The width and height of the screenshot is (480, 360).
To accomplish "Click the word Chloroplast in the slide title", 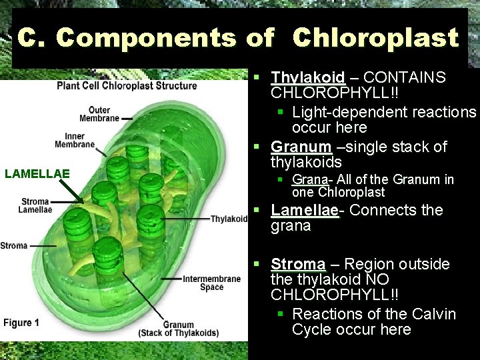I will (x=375, y=39).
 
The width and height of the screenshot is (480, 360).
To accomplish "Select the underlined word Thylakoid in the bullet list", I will (x=307, y=77).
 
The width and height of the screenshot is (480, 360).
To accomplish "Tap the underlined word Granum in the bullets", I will (x=301, y=147).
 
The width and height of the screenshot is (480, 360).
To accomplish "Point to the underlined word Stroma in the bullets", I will (x=298, y=264).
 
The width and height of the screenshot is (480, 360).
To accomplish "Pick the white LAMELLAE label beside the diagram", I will (x=37, y=174).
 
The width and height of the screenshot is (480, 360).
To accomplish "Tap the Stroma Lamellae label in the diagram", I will (x=35, y=205).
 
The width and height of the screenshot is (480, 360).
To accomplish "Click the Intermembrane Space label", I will (x=211, y=283).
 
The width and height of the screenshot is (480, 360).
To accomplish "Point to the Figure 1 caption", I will (x=21, y=323).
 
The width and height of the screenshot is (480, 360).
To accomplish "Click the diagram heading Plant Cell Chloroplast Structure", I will (x=127, y=85).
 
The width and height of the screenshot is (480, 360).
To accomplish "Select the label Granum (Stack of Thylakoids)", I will (x=178, y=329).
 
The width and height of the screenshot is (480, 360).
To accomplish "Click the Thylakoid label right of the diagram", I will (x=229, y=219).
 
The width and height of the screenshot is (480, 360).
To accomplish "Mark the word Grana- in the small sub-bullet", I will (x=309, y=179).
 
